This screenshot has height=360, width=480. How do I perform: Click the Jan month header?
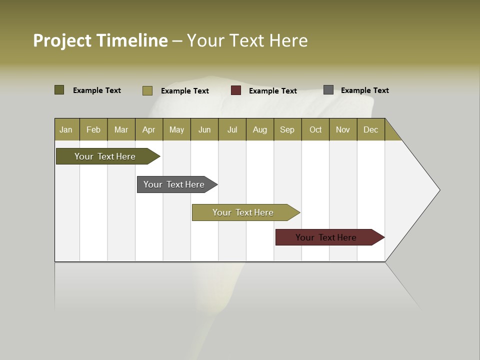tap(66, 129)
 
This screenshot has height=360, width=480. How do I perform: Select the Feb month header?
tap(93, 129)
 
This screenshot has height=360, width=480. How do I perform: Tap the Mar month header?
tap(121, 129)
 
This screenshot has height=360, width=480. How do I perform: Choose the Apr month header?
tap(149, 129)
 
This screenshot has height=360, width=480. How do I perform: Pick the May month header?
tap(176, 129)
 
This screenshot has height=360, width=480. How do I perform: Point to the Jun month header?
tap(204, 129)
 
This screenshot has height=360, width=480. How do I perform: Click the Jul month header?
tap(232, 129)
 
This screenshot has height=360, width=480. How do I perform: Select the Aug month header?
tap(260, 129)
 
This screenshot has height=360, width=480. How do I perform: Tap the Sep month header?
tap(287, 129)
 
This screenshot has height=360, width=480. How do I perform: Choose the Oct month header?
tap(315, 129)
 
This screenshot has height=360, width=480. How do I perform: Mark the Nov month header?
tap(343, 129)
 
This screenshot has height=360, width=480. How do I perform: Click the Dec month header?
tap(371, 129)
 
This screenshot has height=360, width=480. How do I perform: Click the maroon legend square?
tap(236, 90)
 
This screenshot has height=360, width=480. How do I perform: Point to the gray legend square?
tap(328, 90)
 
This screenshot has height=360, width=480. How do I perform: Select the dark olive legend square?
tap(59, 90)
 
